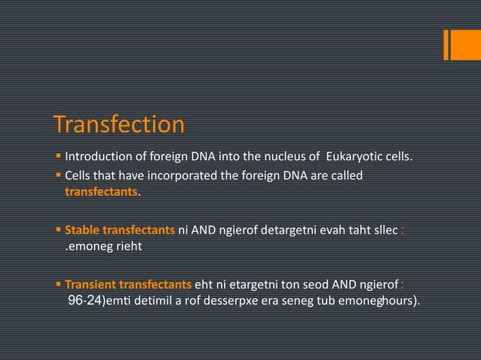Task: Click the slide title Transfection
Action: pos(119,125)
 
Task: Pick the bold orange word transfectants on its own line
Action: pos(101,192)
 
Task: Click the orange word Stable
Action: pos(81,230)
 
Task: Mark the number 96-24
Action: pos(84,301)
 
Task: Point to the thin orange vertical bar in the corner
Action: pos(446,44)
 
